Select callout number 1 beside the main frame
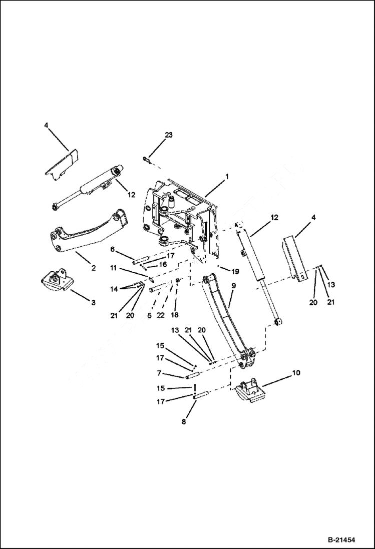(227, 177)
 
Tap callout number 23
(169, 135)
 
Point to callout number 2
(94, 268)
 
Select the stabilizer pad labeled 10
(249, 391)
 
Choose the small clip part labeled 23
(145, 160)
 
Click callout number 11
(114, 268)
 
